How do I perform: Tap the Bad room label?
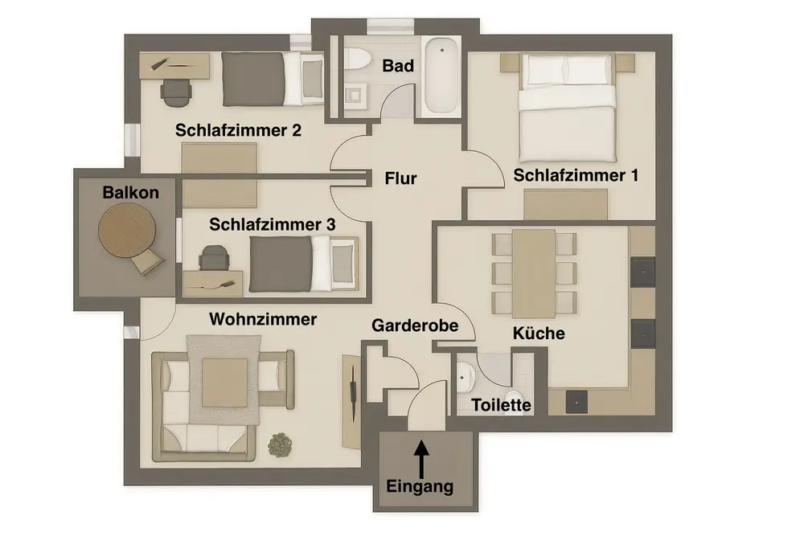pyautogui.click(x=398, y=66)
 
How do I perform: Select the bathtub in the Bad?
pyautogui.click(x=441, y=76)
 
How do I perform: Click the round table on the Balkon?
pyautogui.click(x=126, y=229)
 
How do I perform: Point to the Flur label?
pyautogui.click(x=400, y=178)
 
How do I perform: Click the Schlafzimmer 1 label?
pyautogui.click(x=576, y=175)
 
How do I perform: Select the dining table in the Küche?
pyautogui.click(x=534, y=272)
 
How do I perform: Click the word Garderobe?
pyautogui.click(x=415, y=325)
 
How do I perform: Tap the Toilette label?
pyautogui.click(x=502, y=405)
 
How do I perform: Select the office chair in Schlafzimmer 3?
pyautogui.click(x=212, y=258)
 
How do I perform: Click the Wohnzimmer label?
pyautogui.click(x=263, y=319)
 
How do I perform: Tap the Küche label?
pyautogui.click(x=539, y=333)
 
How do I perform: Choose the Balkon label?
pyautogui.click(x=130, y=192)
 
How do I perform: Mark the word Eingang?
pyautogui.click(x=420, y=486)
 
